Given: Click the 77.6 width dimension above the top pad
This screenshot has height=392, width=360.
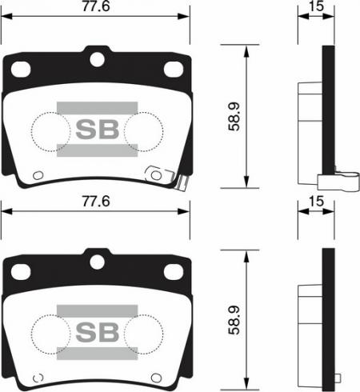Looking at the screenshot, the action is (x=96, y=6).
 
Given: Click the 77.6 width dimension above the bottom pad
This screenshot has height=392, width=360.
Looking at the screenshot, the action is (x=96, y=202).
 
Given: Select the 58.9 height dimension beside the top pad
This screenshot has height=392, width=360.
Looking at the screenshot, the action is (x=234, y=117).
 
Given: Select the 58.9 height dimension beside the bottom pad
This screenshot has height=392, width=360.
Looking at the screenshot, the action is (x=234, y=320).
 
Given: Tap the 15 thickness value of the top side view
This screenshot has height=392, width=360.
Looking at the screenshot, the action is (x=317, y=6).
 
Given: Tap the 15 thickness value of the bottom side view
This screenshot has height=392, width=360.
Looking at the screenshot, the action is (x=317, y=202).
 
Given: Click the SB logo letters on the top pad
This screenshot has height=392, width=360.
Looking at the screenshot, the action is (x=98, y=130).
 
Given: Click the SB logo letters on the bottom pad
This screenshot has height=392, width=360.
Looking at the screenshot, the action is (x=98, y=332).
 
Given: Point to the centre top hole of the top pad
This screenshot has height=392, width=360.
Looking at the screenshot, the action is (x=97, y=59).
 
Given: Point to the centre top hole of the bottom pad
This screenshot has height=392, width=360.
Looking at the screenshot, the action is (x=97, y=262).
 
